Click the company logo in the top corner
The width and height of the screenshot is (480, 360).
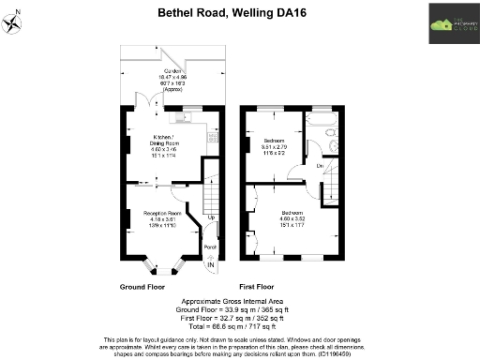450,22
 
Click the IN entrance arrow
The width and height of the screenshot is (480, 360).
211,267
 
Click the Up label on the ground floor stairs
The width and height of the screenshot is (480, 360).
211,218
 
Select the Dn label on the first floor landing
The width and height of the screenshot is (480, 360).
320,166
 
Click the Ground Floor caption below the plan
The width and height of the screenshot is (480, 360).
142,285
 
